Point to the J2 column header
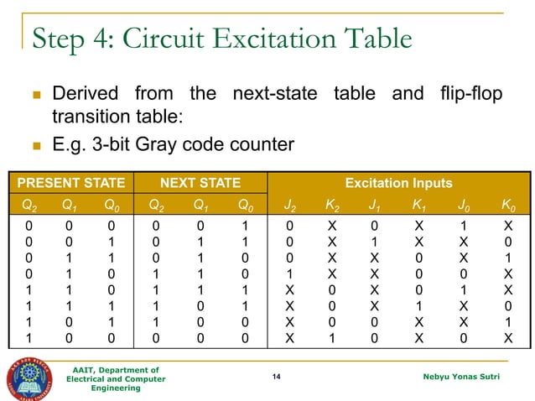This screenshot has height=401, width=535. coord(289,203)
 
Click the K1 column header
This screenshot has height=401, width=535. coord(418,203)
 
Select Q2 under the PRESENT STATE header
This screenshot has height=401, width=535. coord(29,203)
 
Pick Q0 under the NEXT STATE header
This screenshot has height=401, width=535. coord(242,203)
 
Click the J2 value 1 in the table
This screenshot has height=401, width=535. coord(289,273)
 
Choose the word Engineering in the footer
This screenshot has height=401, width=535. coord(116,389)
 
